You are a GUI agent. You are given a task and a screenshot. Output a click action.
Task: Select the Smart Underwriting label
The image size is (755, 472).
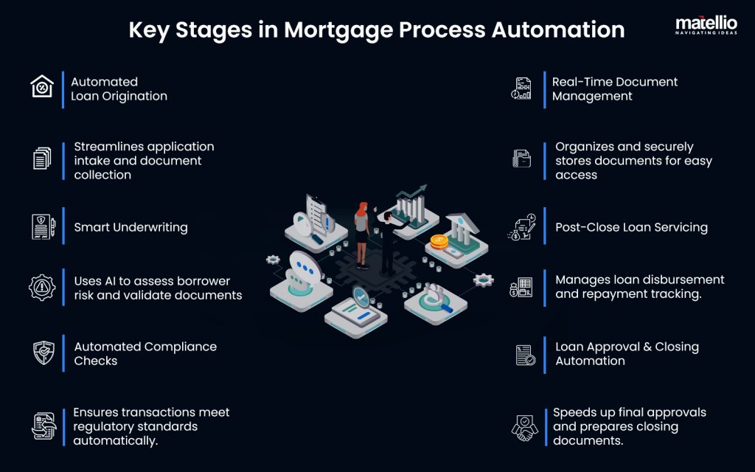[131, 228]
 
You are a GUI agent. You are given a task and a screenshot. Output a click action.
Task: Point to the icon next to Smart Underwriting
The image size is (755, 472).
[42, 227]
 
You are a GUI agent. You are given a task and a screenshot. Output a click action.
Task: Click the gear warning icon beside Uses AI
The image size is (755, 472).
[42, 288]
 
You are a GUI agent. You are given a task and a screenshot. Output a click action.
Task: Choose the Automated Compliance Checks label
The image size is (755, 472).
[145, 353]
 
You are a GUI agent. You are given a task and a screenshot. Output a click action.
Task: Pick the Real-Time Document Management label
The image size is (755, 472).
[614, 89]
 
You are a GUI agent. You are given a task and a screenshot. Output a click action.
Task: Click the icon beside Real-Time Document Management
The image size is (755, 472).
[522, 88]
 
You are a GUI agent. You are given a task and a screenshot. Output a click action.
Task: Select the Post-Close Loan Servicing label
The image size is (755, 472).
[631, 228]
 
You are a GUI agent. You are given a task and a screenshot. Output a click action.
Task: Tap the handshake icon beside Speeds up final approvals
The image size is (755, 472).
[523, 428]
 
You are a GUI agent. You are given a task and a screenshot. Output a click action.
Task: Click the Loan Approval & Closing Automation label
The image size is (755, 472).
[626, 353]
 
